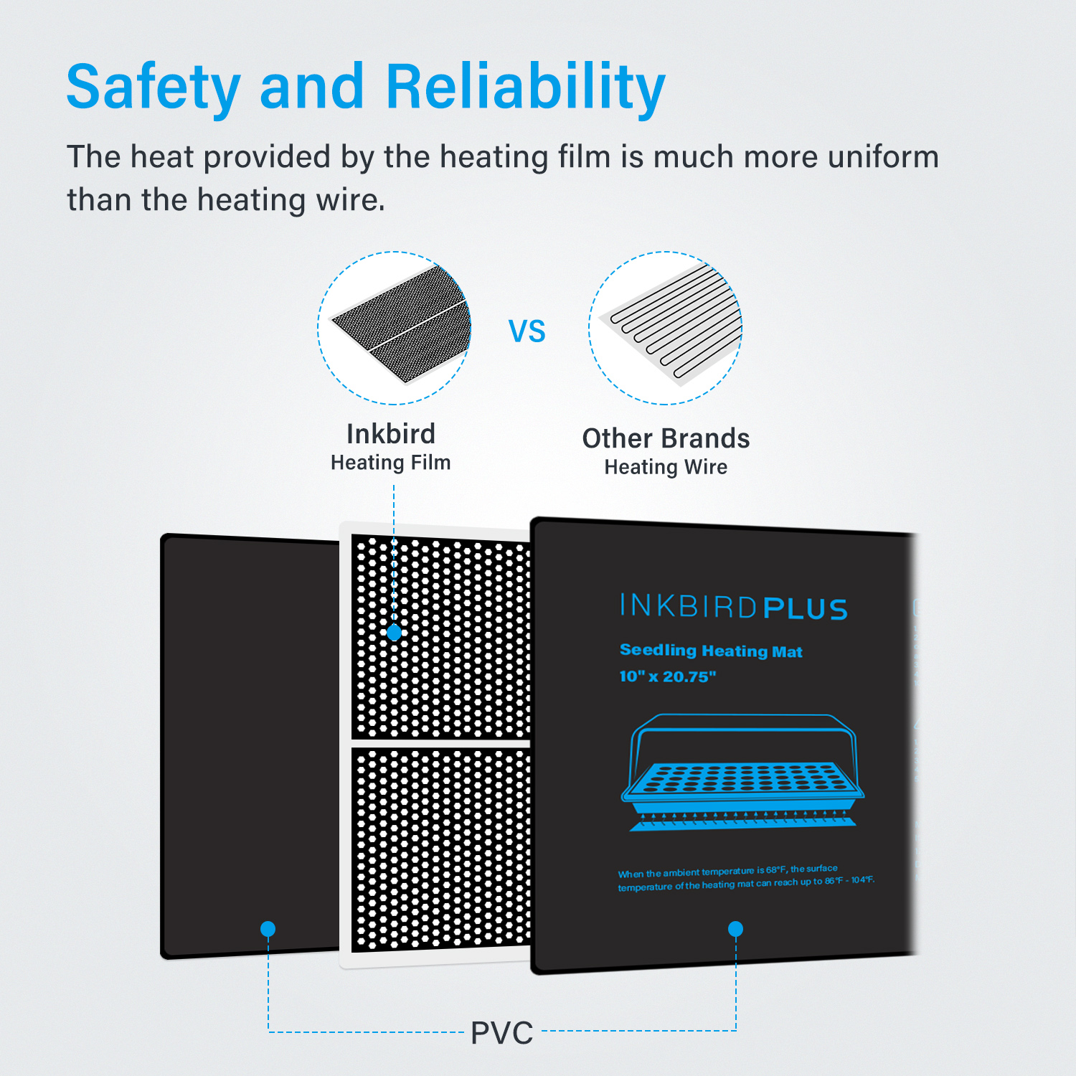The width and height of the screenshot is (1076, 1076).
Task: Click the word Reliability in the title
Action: coord(526,88)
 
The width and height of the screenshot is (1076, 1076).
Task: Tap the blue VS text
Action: coord(527,331)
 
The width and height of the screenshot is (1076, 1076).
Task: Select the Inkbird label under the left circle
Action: coord(391,434)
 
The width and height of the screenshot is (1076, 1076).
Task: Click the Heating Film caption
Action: coord(391,463)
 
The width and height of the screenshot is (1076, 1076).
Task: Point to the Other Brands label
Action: coord(666,438)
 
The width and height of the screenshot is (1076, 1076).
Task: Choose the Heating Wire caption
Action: coord(666,468)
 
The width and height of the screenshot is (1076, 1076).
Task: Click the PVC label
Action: coord(502,1034)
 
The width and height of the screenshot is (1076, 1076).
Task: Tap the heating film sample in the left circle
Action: coord(400,324)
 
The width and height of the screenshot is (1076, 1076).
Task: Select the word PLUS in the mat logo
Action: coord(806,609)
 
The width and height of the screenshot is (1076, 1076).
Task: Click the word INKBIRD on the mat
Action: coord(688,606)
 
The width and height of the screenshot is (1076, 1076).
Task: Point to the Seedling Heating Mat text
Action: coord(711,651)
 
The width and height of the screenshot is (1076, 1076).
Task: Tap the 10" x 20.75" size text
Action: coord(668,676)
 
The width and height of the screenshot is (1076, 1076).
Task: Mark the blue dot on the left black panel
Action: coord(268,929)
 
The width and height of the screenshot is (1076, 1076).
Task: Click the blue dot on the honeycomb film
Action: coord(394,633)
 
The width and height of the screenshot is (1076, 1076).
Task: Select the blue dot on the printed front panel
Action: coord(735,929)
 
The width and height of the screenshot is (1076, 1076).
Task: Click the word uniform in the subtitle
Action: coord(883,156)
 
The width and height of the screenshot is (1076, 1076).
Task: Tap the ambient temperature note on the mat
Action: coord(746,878)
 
